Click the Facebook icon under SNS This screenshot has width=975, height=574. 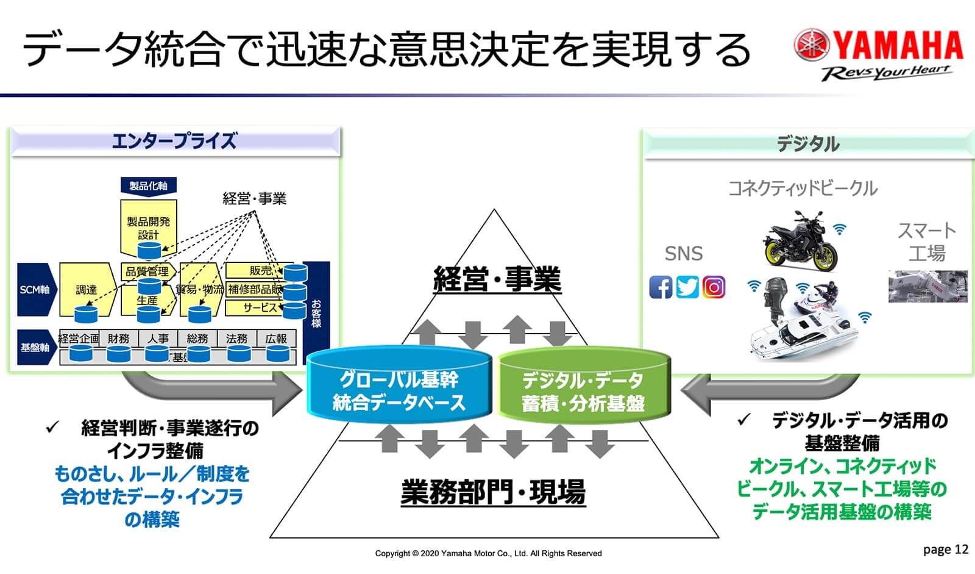click(x=661, y=287)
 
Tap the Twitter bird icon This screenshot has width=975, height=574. click(x=687, y=287)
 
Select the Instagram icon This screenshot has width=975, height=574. click(x=714, y=287)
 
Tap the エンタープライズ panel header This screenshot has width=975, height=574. click(x=175, y=142)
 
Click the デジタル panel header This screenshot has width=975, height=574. click(x=808, y=144)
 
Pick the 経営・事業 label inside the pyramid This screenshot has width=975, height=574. click(x=497, y=279)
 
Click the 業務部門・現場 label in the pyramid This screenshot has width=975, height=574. click(x=493, y=492)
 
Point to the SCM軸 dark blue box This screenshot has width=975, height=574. click(x=35, y=289)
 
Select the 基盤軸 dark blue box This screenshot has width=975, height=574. click(x=35, y=347)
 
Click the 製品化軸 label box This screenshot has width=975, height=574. click(x=148, y=186)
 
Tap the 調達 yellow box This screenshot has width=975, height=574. click(x=86, y=289)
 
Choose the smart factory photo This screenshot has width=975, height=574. click(x=927, y=286)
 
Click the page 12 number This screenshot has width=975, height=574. click(x=945, y=550)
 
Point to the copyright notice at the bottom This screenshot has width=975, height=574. click(x=488, y=553)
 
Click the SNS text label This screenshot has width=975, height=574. click(x=683, y=253)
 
